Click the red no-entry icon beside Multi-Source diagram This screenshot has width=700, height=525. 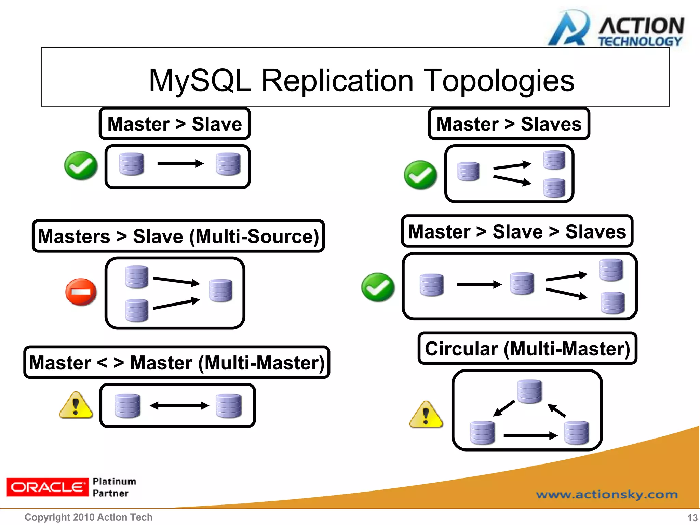pos(81,292)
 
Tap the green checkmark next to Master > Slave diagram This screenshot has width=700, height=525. pos(81,166)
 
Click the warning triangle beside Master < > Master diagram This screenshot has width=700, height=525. pos(76,406)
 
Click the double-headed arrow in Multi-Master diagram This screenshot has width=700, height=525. pos(179,406)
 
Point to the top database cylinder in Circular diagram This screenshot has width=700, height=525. pos(529,391)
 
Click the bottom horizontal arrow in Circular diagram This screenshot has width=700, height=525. pos(530,435)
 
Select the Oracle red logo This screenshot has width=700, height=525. pos(47,487)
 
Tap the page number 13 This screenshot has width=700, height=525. pos(692,518)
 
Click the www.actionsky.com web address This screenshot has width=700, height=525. pos(607,495)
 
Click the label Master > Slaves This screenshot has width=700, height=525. pos(509,124)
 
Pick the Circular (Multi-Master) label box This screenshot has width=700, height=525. pos(527,349)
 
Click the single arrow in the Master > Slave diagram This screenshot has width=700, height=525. pos(180,164)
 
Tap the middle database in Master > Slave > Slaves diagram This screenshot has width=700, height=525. pos(522,283)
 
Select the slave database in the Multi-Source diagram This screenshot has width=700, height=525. pos(221,291)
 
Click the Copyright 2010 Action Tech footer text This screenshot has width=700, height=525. pos(89,517)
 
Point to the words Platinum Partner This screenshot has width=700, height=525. pos(114,487)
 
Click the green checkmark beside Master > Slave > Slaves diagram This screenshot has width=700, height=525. pos(378,287)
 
